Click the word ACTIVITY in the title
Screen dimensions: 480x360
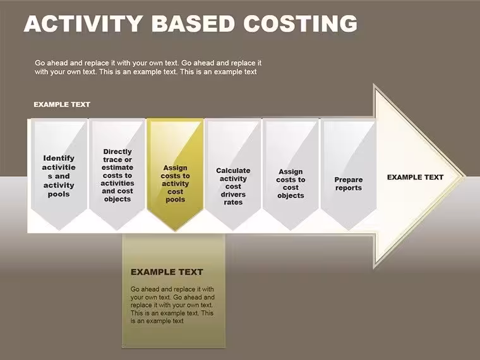pos(83,23)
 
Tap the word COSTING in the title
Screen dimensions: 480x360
pos(300,23)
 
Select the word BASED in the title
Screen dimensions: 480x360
pos(193,23)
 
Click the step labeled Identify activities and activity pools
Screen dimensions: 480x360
pos(59,174)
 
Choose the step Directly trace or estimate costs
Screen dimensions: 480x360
pos(117,174)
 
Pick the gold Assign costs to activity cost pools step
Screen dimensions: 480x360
pos(175,174)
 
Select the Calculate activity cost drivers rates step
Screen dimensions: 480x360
pos(233,174)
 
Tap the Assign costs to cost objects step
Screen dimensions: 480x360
pos(291,174)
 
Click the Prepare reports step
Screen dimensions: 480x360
pos(349,174)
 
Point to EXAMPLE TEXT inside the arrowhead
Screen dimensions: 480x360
pos(415,177)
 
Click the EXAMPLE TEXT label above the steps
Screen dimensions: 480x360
pos(62,104)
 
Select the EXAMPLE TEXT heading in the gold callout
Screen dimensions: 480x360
pos(167,272)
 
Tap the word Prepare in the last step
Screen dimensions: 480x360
pos(349,180)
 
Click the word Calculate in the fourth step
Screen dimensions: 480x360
pos(233,171)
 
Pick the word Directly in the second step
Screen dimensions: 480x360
pos(117,152)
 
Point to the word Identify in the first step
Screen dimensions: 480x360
pos(59,158)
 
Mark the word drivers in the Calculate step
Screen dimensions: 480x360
pos(233,195)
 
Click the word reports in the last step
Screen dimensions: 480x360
pos(349,188)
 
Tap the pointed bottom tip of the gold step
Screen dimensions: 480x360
pos(175,230)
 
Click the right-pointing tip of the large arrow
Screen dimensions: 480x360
pos(465,177)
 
